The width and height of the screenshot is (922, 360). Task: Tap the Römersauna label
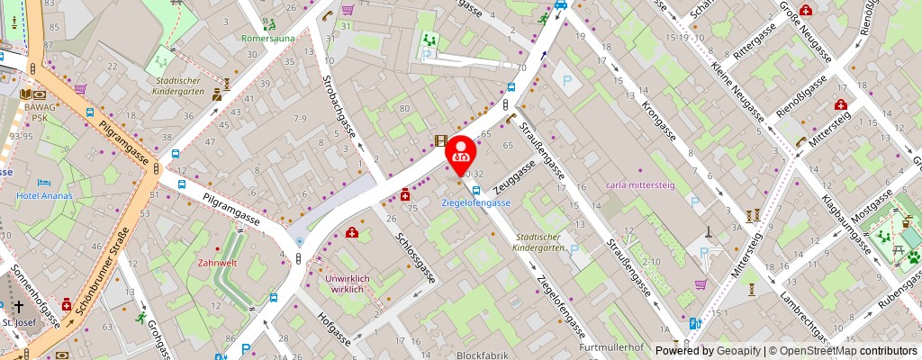267,39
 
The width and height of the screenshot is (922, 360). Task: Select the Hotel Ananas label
43,195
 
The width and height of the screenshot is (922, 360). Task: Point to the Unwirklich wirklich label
348,284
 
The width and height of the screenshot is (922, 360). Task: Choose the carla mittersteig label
641,184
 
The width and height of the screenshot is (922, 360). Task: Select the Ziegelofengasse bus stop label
475,202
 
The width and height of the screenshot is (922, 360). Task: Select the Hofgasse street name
335,332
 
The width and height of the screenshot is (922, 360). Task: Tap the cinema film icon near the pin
439,140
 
